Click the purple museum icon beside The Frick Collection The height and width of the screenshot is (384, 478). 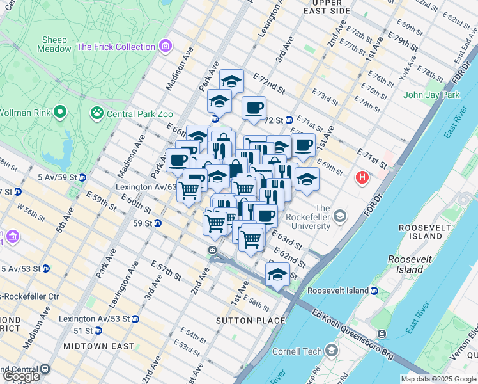point(166,46)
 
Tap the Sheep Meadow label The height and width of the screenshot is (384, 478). point(54,44)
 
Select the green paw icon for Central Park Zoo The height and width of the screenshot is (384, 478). point(97,113)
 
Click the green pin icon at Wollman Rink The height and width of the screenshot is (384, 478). point(60,113)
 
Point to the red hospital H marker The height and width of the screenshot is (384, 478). point(363,177)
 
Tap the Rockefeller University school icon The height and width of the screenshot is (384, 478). point(340,214)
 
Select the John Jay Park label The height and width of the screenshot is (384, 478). point(431,95)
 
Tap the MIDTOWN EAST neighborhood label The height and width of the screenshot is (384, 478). point(99,346)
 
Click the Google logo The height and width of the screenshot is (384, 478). point(21,376)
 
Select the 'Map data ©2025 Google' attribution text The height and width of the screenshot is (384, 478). point(438,379)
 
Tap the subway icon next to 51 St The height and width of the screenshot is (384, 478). point(98,331)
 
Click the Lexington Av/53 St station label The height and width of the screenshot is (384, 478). point(95,318)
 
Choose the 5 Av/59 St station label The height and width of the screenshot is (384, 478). point(61,177)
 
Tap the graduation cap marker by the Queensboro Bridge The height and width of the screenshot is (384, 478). point(277,275)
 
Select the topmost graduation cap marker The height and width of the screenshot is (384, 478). point(231,81)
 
